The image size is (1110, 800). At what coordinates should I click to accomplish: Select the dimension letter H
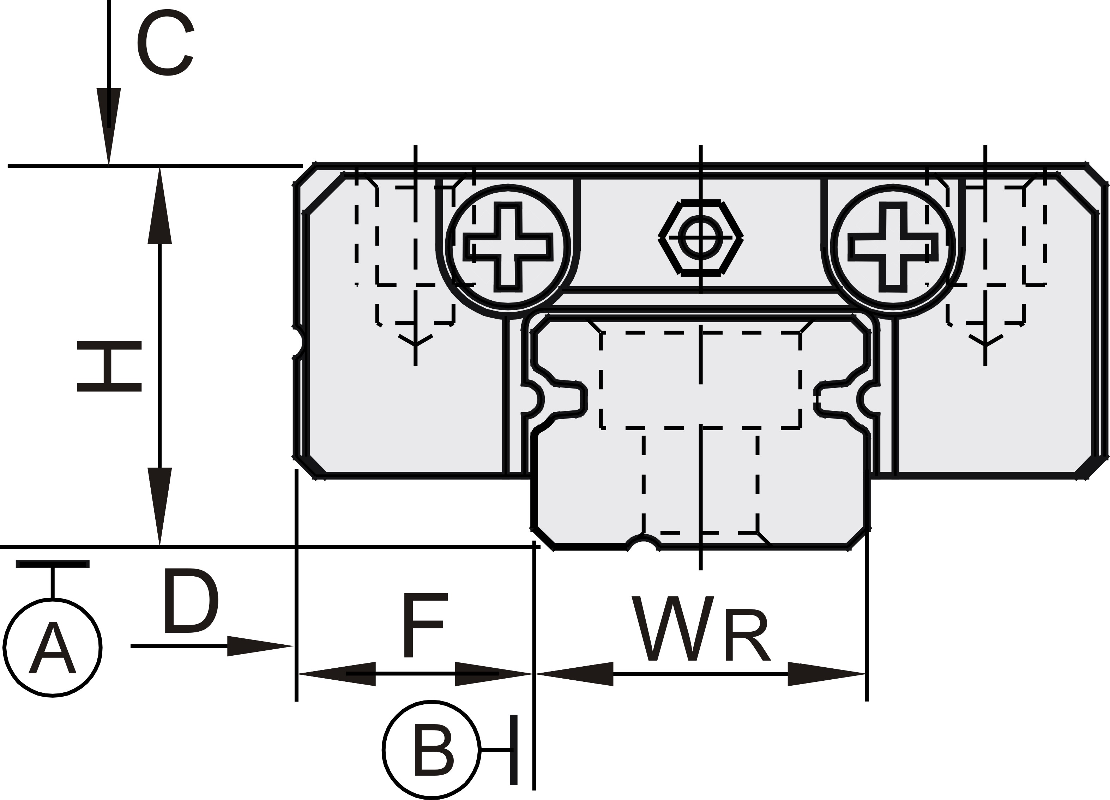point(109,366)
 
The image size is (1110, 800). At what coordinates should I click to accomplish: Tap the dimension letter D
point(190,601)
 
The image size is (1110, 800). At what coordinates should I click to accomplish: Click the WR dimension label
point(700,630)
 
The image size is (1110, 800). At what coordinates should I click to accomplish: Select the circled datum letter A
point(53,648)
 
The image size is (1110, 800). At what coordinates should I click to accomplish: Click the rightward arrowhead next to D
point(259,646)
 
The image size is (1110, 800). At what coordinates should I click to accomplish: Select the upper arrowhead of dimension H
point(159,206)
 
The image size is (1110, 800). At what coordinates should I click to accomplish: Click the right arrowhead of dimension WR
point(827,674)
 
